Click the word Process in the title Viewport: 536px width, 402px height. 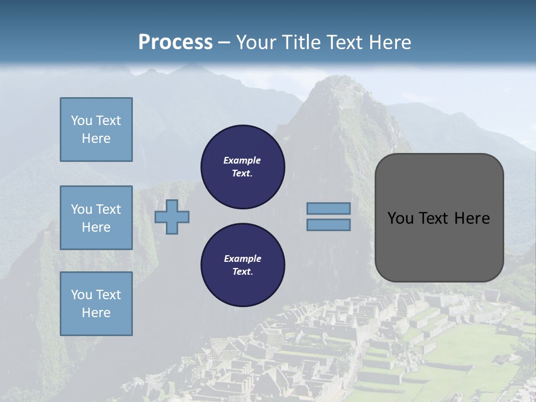point(175,42)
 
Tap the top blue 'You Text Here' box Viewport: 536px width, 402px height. point(96,130)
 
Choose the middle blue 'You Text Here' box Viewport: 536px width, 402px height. point(96,218)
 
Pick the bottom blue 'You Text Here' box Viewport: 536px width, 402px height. point(96,304)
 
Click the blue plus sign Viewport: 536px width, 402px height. point(172,217)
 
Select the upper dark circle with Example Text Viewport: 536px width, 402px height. point(243,166)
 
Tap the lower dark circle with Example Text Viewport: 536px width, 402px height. point(243,265)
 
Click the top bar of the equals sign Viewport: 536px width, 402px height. point(328,208)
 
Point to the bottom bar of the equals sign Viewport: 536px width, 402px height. point(328,225)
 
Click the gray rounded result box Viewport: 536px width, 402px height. point(439,246)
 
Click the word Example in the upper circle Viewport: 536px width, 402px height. point(242,160)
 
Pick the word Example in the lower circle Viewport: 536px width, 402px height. point(242,259)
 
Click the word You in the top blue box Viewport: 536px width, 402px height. point(81,121)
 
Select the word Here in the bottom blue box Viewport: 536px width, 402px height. point(96,313)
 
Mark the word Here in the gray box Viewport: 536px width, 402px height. point(472,218)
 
